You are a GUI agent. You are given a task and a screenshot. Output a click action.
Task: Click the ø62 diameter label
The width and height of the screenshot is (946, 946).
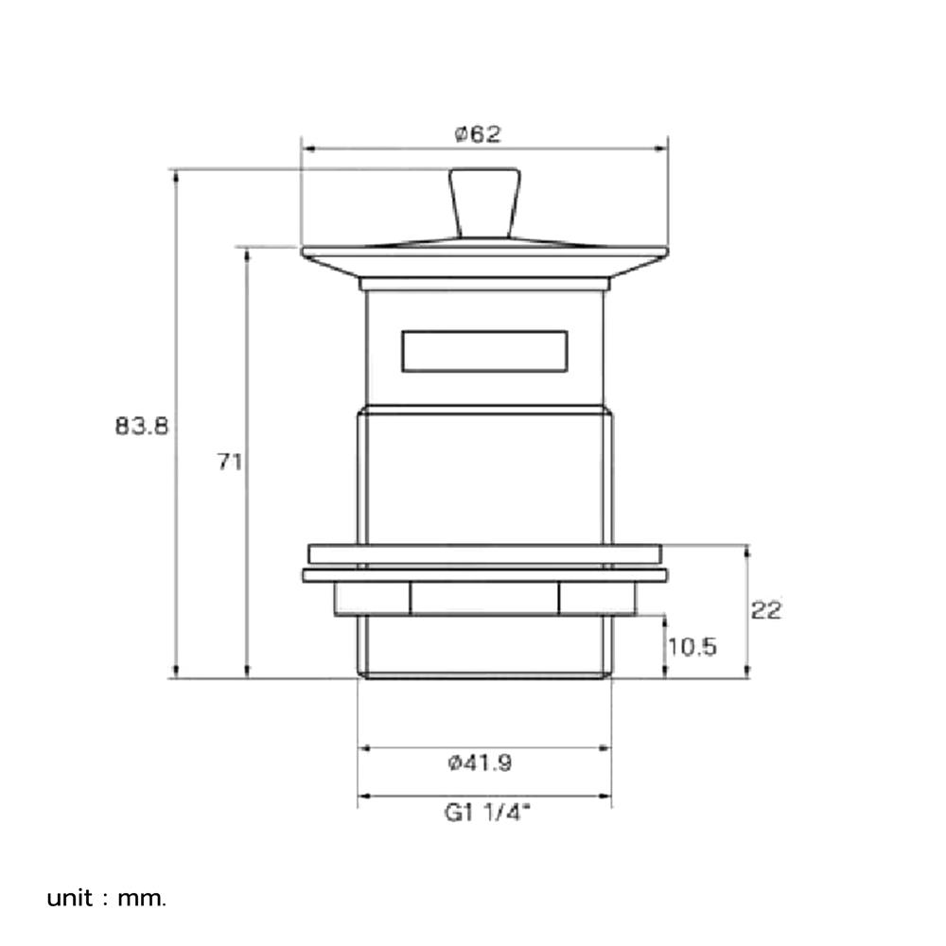click(478, 134)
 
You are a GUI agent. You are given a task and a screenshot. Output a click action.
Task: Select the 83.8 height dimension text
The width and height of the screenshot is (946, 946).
click(142, 427)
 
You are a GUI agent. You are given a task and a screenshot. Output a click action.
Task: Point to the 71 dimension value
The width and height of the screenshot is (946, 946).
click(229, 463)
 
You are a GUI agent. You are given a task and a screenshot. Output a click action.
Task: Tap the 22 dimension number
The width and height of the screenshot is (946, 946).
click(766, 610)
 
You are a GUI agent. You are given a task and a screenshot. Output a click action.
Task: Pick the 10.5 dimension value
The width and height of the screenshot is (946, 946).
click(692, 647)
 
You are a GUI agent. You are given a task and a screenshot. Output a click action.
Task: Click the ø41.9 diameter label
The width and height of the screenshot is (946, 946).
click(481, 763)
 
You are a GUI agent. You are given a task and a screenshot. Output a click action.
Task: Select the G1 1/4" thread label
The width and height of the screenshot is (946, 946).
click(487, 813)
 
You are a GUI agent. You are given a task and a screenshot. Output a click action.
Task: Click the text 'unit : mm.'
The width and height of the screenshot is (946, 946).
click(106, 899)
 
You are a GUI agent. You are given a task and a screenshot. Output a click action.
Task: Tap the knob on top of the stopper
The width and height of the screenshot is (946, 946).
click(484, 203)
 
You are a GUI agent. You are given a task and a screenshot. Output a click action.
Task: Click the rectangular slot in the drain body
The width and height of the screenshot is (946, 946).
click(484, 351)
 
